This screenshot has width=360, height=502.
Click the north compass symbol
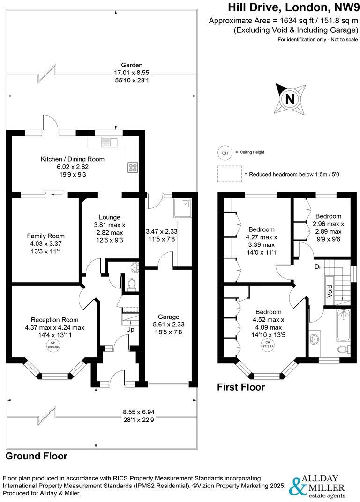point(290,99)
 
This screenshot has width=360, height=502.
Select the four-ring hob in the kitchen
point(132,168)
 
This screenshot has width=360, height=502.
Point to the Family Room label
point(45,236)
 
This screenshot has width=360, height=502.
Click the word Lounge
point(110,217)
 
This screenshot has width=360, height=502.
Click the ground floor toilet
point(131,284)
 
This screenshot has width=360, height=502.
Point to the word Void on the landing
point(330,291)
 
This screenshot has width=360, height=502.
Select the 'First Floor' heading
point(240,387)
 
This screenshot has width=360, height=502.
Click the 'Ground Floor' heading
point(36,456)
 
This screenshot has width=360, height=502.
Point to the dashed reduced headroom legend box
point(228,174)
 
